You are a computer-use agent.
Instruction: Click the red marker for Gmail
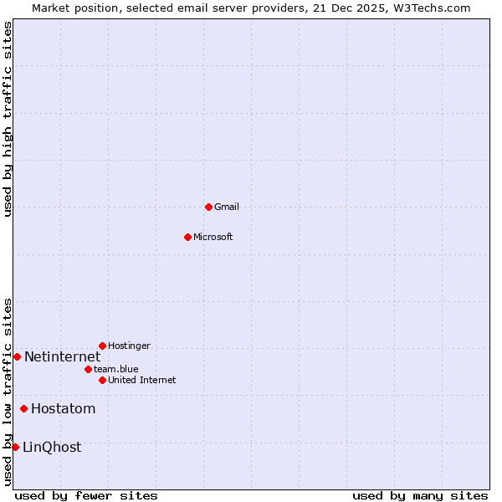(x=208, y=207)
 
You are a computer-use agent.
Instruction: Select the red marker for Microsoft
(x=187, y=237)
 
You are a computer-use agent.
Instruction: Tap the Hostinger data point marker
(x=102, y=346)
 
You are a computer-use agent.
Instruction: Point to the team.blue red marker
(x=88, y=369)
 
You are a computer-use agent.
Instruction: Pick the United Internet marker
(x=102, y=380)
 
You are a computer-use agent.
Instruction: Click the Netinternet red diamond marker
(x=17, y=356)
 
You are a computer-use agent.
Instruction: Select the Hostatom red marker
(x=23, y=408)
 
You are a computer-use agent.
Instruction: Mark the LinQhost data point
(x=15, y=447)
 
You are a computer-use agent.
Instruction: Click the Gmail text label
(x=227, y=207)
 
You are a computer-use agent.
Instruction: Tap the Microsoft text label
(x=213, y=237)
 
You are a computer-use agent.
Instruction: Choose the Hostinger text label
(x=129, y=346)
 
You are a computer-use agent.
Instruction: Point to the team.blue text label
(x=116, y=369)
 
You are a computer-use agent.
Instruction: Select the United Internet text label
(x=142, y=380)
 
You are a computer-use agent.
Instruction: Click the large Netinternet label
(x=62, y=357)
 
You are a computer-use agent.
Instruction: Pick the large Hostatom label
(x=63, y=409)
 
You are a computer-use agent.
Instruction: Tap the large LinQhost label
(x=52, y=448)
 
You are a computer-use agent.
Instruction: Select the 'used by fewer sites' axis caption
(x=86, y=495)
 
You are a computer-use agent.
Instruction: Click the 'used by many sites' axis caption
(x=420, y=495)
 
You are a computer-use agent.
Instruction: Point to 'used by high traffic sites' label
(x=8, y=119)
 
